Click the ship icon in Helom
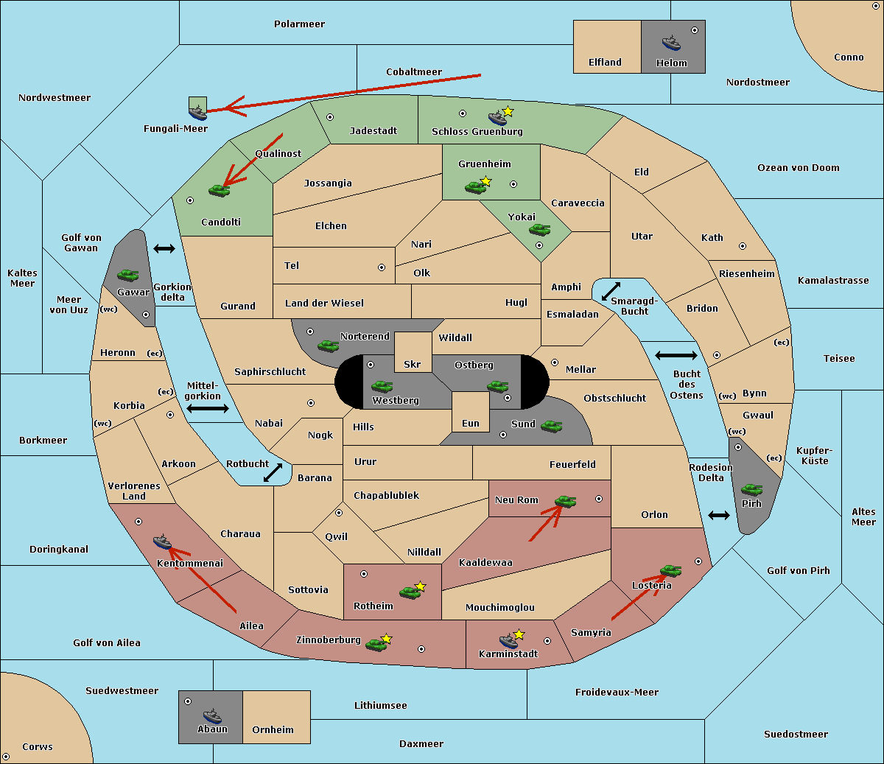[670, 43]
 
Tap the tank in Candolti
[219, 190]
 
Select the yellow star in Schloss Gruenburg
[508, 111]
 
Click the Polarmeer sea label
[299, 24]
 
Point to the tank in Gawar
[128, 275]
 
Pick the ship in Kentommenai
[162, 542]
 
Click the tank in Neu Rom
[566, 502]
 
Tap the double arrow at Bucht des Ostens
[676, 356]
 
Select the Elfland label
[605, 63]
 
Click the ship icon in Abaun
[212, 715]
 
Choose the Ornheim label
[273, 730]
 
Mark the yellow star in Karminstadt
[519, 634]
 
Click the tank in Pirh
[752, 489]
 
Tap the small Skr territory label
[413, 365]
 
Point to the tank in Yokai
[540, 230]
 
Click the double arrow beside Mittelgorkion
[208, 409]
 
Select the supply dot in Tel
[382, 267]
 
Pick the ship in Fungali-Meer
[197, 112]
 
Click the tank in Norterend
[329, 346]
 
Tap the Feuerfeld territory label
[572, 465]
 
